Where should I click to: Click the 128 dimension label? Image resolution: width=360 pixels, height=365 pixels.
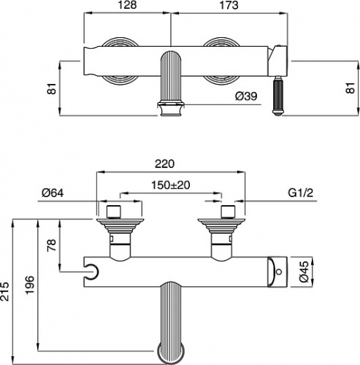tap(127, 5)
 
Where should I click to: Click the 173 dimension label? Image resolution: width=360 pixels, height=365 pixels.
tap(229, 5)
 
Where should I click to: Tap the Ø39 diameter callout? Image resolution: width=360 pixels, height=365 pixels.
tap(246, 96)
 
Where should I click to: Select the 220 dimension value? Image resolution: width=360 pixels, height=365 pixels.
tap(165, 164)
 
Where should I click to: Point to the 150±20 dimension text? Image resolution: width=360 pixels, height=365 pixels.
tap(171, 185)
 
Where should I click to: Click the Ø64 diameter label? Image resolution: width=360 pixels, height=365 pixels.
tap(53, 193)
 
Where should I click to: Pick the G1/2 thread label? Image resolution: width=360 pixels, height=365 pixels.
tap(301, 193)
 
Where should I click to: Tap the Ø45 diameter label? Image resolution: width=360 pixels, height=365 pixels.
tap(305, 272)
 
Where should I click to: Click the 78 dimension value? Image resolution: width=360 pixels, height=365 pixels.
tap(52, 245)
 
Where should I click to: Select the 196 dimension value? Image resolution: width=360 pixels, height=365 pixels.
tap(30, 285)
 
